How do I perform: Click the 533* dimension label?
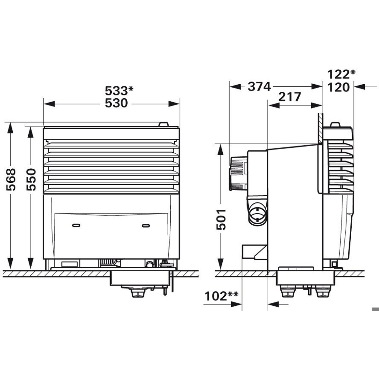point(119,91)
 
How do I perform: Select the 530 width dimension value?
point(116,103)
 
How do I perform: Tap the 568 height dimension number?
point(11,179)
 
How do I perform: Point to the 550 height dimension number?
point(31,179)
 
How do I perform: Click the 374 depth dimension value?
point(260,87)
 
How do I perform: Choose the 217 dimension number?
point(290,97)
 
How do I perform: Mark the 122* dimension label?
point(341,75)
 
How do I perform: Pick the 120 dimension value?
point(339,87)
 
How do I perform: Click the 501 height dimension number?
point(221,219)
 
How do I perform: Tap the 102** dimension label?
point(221,296)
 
